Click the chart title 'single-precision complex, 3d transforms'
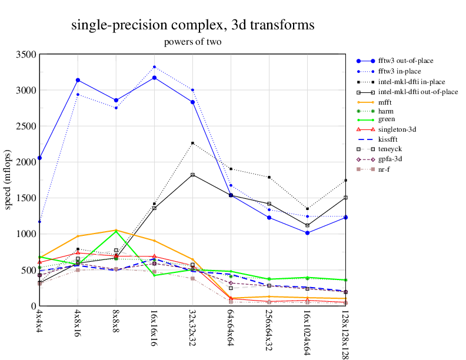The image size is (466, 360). coord(192,25)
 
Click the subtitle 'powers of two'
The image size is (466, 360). coord(192,42)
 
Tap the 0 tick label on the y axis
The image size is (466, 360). coord(32,306)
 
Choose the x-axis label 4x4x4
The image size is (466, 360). coord(39,321)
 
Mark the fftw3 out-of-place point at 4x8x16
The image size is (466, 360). coord(78,80)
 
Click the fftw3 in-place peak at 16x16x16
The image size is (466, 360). coord(154,67)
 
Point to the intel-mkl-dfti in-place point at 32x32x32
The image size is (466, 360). coord(192,143)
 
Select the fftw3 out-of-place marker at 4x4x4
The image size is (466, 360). coord(39,158)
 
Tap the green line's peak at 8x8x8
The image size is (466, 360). coord(116,231)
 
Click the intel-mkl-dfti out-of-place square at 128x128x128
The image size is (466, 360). coord(345,198)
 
